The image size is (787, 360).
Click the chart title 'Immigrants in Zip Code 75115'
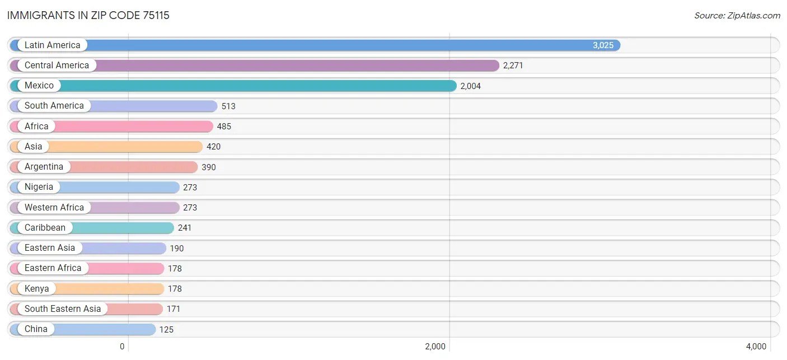(88, 15)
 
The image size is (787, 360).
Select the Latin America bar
(336, 45)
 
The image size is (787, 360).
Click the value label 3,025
(603, 45)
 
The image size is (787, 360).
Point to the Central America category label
(57, 66)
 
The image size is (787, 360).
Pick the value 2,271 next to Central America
(513, 66)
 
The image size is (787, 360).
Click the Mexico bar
(252, 86)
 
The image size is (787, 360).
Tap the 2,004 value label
(470, 86)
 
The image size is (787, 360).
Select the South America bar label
(54, 106)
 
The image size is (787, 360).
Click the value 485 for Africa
(224, 127)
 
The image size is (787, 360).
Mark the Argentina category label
(44, 167)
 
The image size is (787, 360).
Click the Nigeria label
(39, 187)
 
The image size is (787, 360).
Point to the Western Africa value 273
(190, 208)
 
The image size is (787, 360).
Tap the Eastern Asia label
(49, 248)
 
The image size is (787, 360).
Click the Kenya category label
(36, 289)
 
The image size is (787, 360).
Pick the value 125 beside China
(166, 329)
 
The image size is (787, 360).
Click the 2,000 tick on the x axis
(435, 347)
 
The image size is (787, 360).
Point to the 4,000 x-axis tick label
(756, 347)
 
